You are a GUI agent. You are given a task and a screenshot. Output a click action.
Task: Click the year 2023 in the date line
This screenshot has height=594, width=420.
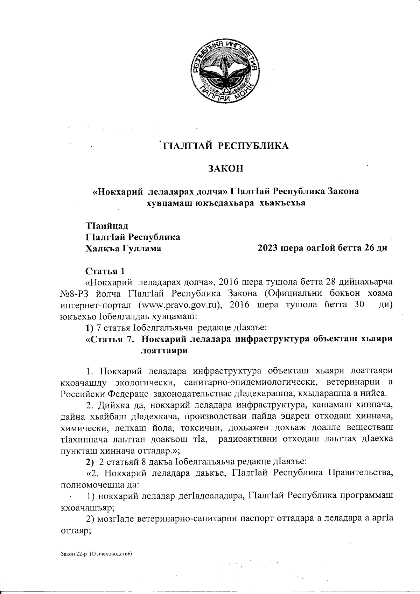268,248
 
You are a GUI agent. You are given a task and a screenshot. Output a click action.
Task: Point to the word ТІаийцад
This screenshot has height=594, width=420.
104,225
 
